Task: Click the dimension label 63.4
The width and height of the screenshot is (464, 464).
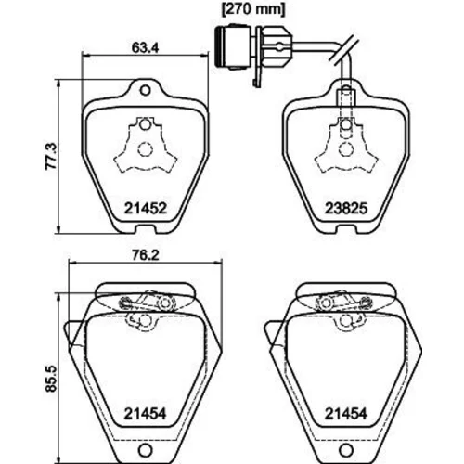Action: (x=145, y=47)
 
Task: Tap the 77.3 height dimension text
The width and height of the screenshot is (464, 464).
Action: (x=51, y=156)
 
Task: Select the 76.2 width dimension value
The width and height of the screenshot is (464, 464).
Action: (x=145, y=255)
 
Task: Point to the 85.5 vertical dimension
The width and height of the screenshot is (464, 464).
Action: (x=51, y=379)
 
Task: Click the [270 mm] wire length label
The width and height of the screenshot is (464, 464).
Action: (x=253, y=9)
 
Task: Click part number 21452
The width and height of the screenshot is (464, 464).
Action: (x=146, y=208)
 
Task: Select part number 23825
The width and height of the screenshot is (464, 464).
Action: (x=346, y=208)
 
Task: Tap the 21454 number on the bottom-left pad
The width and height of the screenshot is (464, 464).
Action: (x=145, y=413)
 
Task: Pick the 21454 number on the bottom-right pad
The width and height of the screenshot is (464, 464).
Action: (x=346, y=413)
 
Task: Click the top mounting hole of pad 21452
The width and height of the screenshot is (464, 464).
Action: (x=145, y=91)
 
